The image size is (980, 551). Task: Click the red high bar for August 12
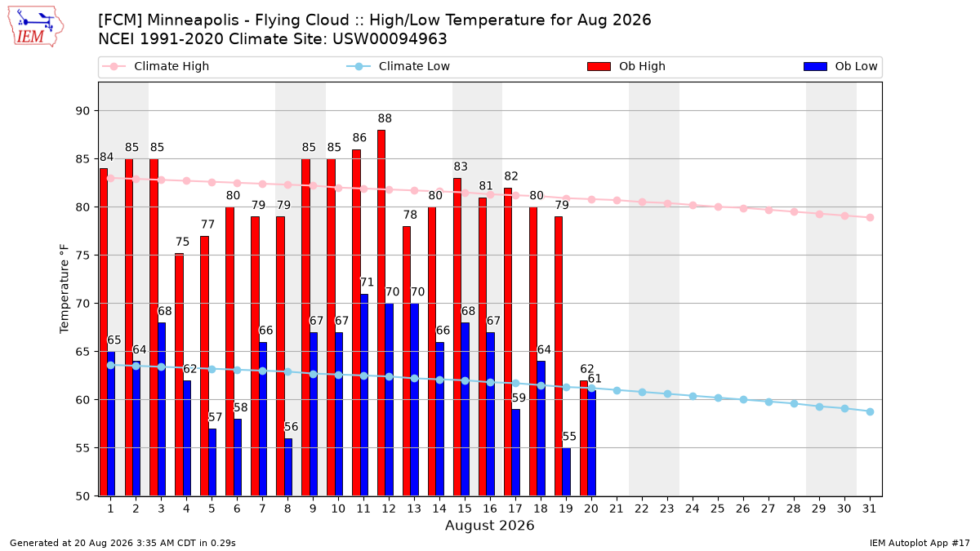pyautogui.click(x=381, y=313)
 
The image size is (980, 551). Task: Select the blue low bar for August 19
pyautogui.click(x=566, y=473)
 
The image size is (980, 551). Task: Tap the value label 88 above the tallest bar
pyautogui.click(x=385, y=118)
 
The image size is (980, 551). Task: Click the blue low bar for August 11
pyautogui.click(x=364, y=395)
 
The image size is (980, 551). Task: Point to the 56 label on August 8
pyautogui.click(x=291, y=427)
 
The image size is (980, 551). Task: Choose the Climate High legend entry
pyautogui.click(x=156, y=66)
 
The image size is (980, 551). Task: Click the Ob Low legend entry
pyautogui.click(x=840, y=66)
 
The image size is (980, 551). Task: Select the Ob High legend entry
pyautogui.click(x=626, y=66)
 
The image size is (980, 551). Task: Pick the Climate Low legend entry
pyautogui.click(x=399, y=66)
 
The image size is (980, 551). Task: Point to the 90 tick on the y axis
pyautogui.click(x=82, y=111)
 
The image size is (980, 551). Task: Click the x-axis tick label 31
pyautogui.click(x=869, y=509)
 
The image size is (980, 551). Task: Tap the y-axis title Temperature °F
pyautogui.click(x=65, y=289)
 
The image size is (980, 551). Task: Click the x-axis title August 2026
pyautogui.click(x=489, y=525)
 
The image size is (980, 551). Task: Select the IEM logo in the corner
pyautogui.click(x=36, y=27)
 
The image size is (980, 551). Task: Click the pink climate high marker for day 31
pyautogui.click(x=870, y=217)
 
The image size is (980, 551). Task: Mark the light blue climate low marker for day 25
pyautogui.click(x=718, y=398)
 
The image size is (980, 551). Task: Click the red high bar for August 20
pyautogui.click(x=584, y=438)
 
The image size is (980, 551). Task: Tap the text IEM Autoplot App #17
pyautogui.click(x=920, y=543)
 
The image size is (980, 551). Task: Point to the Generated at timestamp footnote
pyautogui.click(x=122, y=543)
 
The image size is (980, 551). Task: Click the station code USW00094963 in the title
pyautogui.click(x=390, y=39)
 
